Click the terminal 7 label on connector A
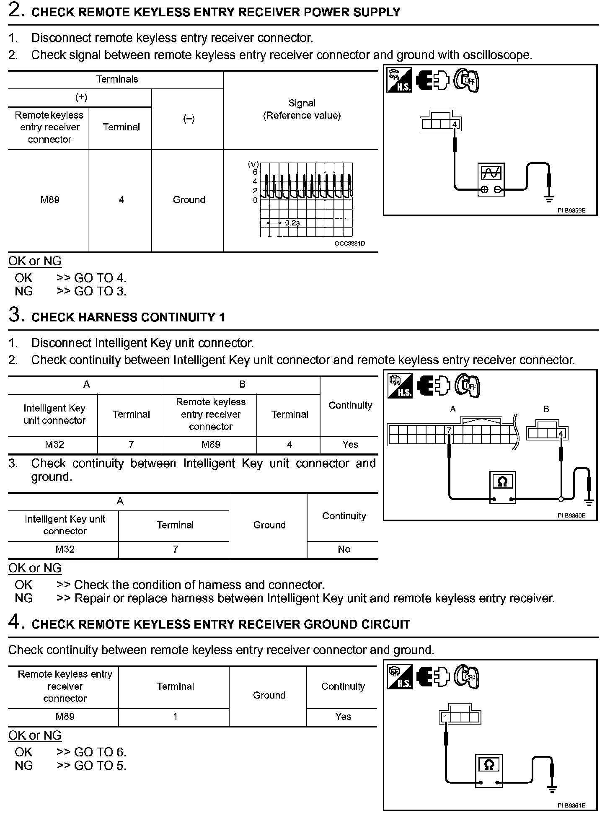(449, 430)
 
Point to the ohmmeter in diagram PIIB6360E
(502, 487)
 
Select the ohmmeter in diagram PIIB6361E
(489, 770)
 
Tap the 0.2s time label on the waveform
(292, 223)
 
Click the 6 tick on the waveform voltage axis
(255, 172)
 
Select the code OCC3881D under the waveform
(349, 243)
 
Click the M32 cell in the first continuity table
(54, 445)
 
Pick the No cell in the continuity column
(344, 549)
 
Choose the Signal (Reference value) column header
(302, 109)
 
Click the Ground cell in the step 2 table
(189, 200)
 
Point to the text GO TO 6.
(100, 752)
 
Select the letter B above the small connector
(546, 409)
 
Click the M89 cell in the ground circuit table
(65, 717)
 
